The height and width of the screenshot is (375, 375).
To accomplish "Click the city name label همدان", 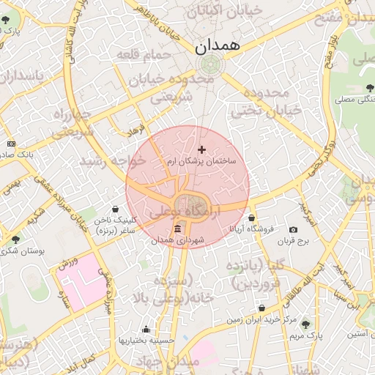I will click(x=218, y=45).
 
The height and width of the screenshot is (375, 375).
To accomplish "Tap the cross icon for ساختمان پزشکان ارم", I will click(x=202, y=149).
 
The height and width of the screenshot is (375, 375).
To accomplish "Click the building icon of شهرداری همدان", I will click(x=179, y=229).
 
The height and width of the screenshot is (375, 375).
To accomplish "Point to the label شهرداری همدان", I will click(x=179, y=240).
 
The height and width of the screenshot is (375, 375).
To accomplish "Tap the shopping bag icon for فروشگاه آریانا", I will click(x=252, y=218).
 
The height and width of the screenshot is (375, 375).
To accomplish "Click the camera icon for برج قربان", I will click(x=293, y=229).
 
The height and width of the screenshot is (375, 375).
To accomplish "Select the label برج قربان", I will click(x=294, y=240).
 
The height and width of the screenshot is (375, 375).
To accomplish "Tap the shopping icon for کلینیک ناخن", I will click(x=116, y=209).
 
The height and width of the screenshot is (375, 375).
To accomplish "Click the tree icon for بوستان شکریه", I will click(x=15, y=240).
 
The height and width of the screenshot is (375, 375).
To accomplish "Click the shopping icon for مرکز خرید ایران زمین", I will click(x=261, y=308).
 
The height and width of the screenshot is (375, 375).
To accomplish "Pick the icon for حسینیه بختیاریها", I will click(x=146, y=330).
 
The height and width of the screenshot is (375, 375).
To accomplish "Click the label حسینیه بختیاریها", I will click(x=146, y=341).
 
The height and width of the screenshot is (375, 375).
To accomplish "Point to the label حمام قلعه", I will click(x=149, y=56).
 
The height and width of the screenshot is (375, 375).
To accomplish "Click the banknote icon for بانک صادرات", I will click(x=10, y=144).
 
